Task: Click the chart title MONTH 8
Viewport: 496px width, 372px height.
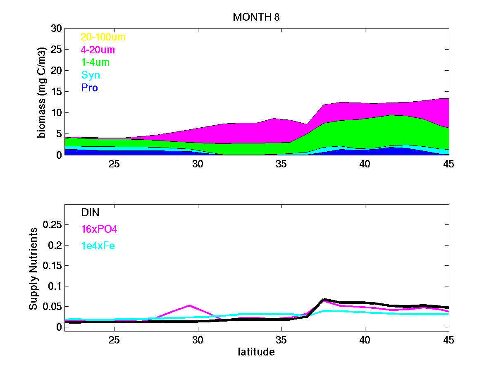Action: pos(257,17)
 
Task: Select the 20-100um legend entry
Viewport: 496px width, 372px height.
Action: pos(103,37)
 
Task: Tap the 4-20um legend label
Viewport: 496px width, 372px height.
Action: pos(98,50)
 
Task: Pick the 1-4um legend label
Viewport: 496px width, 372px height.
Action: pos(95,62)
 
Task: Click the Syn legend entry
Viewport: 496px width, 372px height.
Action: pos(91,75)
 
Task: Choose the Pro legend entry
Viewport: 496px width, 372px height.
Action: pos(89,88)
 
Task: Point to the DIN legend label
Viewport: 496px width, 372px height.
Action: pos(90,212)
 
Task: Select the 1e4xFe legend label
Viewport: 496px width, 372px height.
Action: pos(98,246)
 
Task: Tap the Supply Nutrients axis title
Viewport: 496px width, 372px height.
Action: pos(33,269)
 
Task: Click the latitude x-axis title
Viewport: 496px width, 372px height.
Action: pos(256,352)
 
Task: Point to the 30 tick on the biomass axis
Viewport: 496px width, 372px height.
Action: pos(56,29)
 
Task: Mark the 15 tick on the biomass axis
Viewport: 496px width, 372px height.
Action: pos(56,92)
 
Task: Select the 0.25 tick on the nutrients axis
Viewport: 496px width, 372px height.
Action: pos(52,224)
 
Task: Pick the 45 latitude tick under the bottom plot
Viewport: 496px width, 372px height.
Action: pos(448,340)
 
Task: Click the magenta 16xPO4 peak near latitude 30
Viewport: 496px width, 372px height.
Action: pos(189,305)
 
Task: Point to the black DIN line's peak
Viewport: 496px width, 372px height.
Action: pos(324,299)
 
